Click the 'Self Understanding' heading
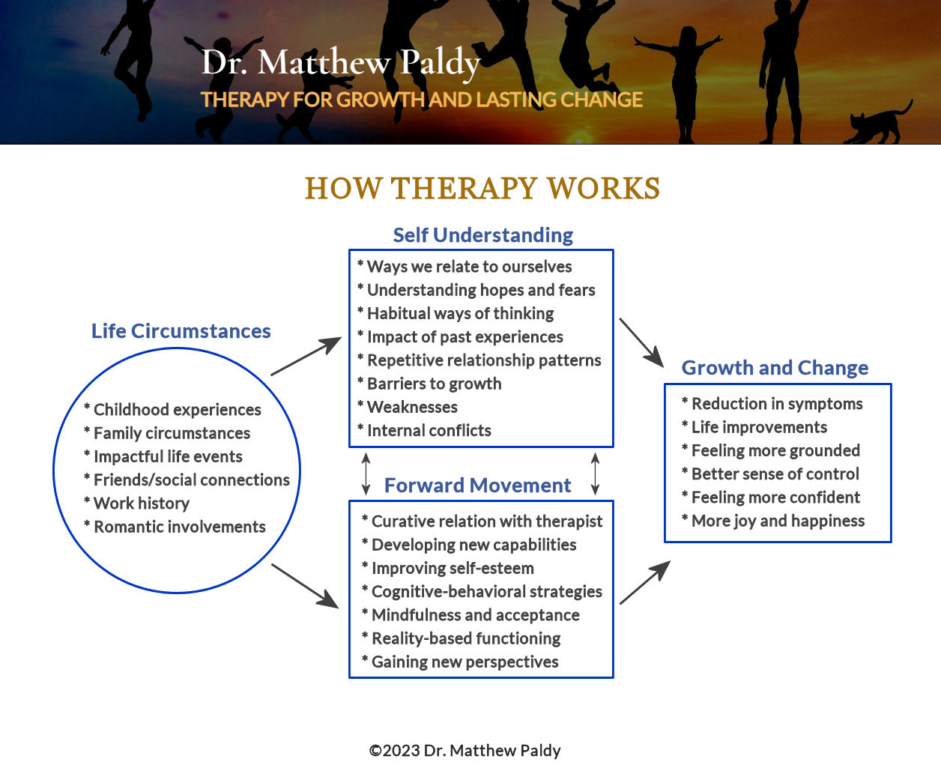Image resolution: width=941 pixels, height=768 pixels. point(482,235)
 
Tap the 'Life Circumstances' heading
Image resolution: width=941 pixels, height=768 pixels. point(181,331)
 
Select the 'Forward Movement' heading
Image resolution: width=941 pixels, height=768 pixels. point(477,486)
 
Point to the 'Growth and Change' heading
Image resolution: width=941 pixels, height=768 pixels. point(775,368)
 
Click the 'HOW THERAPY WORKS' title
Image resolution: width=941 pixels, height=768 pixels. point(482,189)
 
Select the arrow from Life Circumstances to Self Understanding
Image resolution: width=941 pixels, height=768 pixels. point(306,357)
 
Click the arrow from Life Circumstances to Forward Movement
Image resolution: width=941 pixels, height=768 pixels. point(305,586)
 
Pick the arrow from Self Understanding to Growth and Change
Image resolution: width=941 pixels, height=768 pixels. point(641,342)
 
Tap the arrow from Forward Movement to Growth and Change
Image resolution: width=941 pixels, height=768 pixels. point(644,582)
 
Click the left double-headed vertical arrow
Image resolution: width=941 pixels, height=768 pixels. point(366,474)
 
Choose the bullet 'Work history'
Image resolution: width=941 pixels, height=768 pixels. point(141,504)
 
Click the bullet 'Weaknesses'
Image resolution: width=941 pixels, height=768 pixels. point(412,408)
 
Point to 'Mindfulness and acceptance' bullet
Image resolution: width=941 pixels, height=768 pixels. point(475,615)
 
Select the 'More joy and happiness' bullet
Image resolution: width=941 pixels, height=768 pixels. point(778,521)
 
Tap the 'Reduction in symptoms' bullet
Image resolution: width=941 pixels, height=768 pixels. point(776,404)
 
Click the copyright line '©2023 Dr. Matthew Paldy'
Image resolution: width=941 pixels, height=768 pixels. point(465,751)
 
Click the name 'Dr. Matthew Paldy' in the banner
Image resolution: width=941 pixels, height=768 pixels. point(341,62)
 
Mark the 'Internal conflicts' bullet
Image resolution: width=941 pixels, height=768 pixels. point(429,431)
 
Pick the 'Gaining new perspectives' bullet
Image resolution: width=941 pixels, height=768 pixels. point(465,662)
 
